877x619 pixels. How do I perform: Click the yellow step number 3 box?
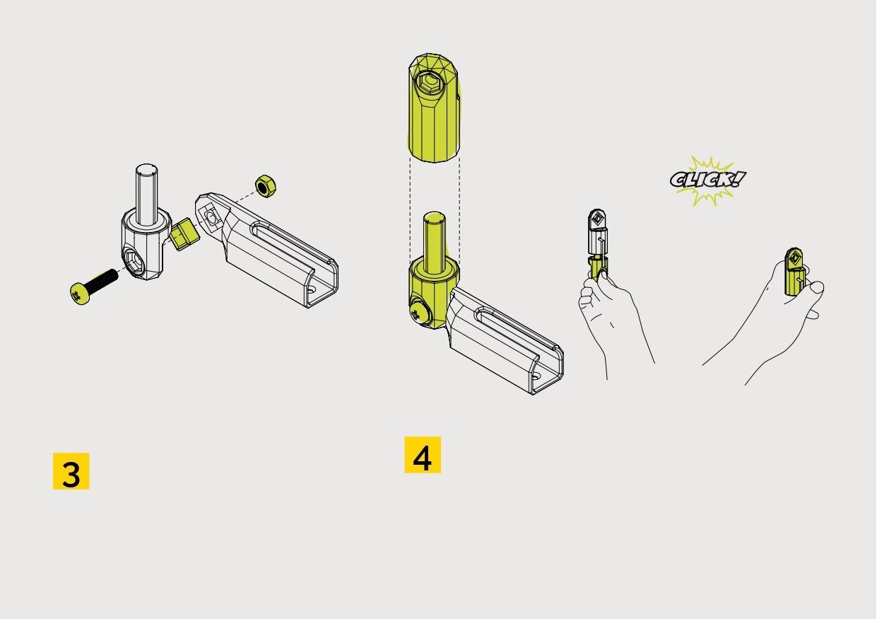coord(71,471)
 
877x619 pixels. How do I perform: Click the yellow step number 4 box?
coord(423,455)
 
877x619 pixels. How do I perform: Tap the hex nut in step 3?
coord(266,186)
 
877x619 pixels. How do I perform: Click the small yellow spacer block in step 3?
coord(184,234)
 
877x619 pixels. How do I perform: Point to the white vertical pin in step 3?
coord(146,195)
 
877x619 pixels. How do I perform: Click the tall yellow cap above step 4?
coord(434,108)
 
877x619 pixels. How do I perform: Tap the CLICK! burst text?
coord(708,180)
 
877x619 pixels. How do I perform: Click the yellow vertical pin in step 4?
coord(434,243)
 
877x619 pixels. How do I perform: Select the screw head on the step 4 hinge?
coord(419,312)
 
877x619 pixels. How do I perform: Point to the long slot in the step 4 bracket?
coord(517,328)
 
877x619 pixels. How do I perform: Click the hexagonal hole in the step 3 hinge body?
coord(135,261)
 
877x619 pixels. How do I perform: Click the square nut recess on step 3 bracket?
coord(211,218)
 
